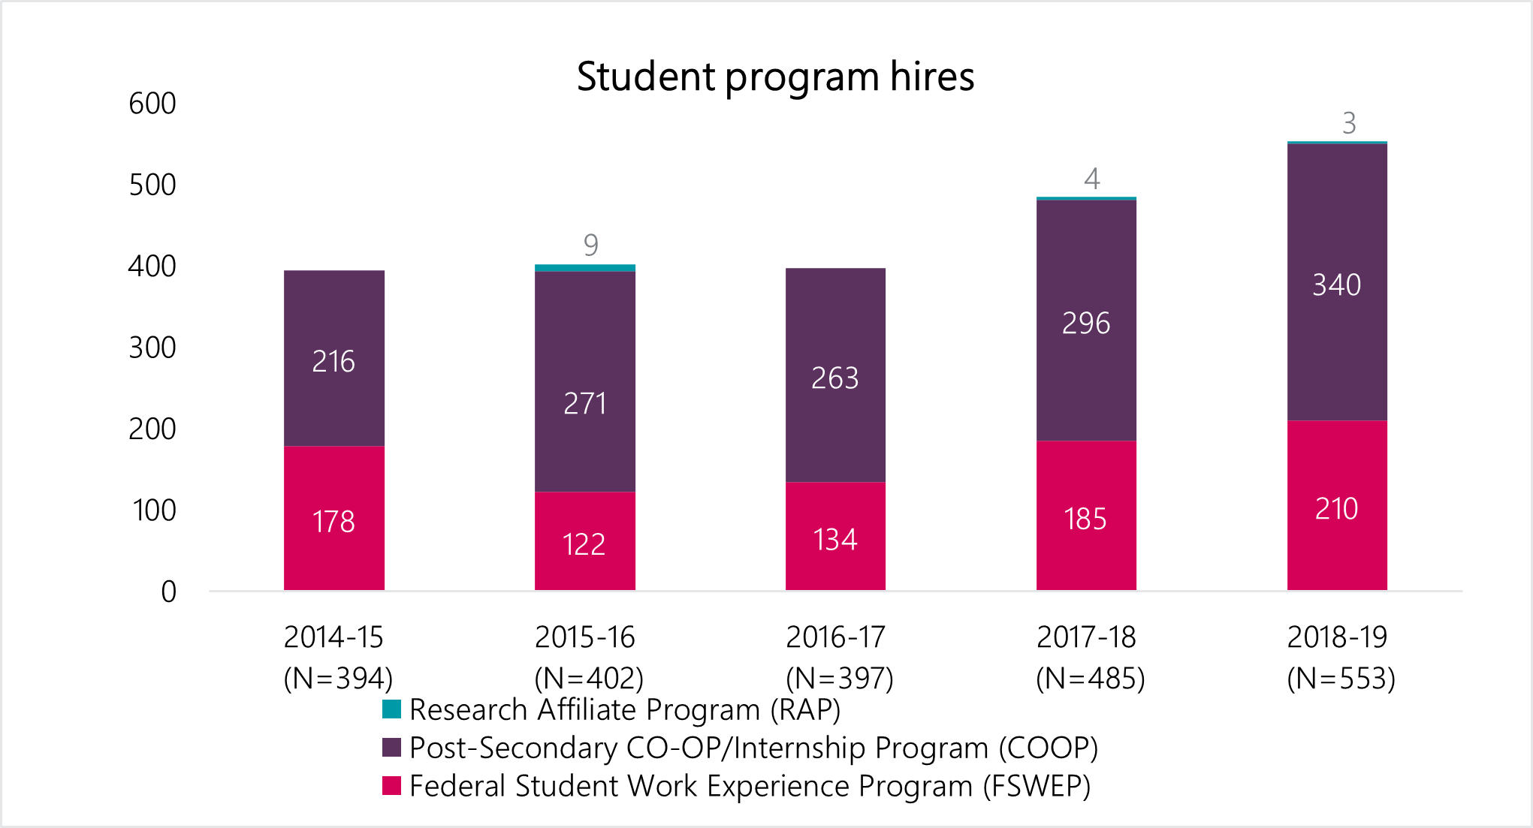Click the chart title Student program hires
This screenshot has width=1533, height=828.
click(775, 77)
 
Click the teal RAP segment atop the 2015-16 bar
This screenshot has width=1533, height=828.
click(584, 268)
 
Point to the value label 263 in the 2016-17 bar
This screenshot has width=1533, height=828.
click(834, 378)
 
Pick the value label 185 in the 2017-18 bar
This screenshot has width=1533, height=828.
click(1085, 519)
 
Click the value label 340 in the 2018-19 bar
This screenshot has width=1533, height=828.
click(1336, 285)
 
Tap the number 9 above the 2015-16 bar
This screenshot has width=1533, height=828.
click(591, 245)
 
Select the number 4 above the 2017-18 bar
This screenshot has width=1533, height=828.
click(1092, 179)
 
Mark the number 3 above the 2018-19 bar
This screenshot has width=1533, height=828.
click(1349, 123)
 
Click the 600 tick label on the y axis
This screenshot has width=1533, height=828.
click(152, 104)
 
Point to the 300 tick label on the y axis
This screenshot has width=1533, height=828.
click(152, 348)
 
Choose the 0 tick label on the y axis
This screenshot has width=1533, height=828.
click(169, 592)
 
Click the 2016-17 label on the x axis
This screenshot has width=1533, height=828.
click(835, 637)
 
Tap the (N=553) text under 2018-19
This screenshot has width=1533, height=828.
click(1341, 679)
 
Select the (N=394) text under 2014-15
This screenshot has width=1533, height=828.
click(338, 679)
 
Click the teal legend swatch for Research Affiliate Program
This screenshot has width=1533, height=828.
click(391, 709)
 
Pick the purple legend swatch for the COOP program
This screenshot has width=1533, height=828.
click(391, 747)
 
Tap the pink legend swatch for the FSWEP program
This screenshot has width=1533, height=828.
click(391, 785)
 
